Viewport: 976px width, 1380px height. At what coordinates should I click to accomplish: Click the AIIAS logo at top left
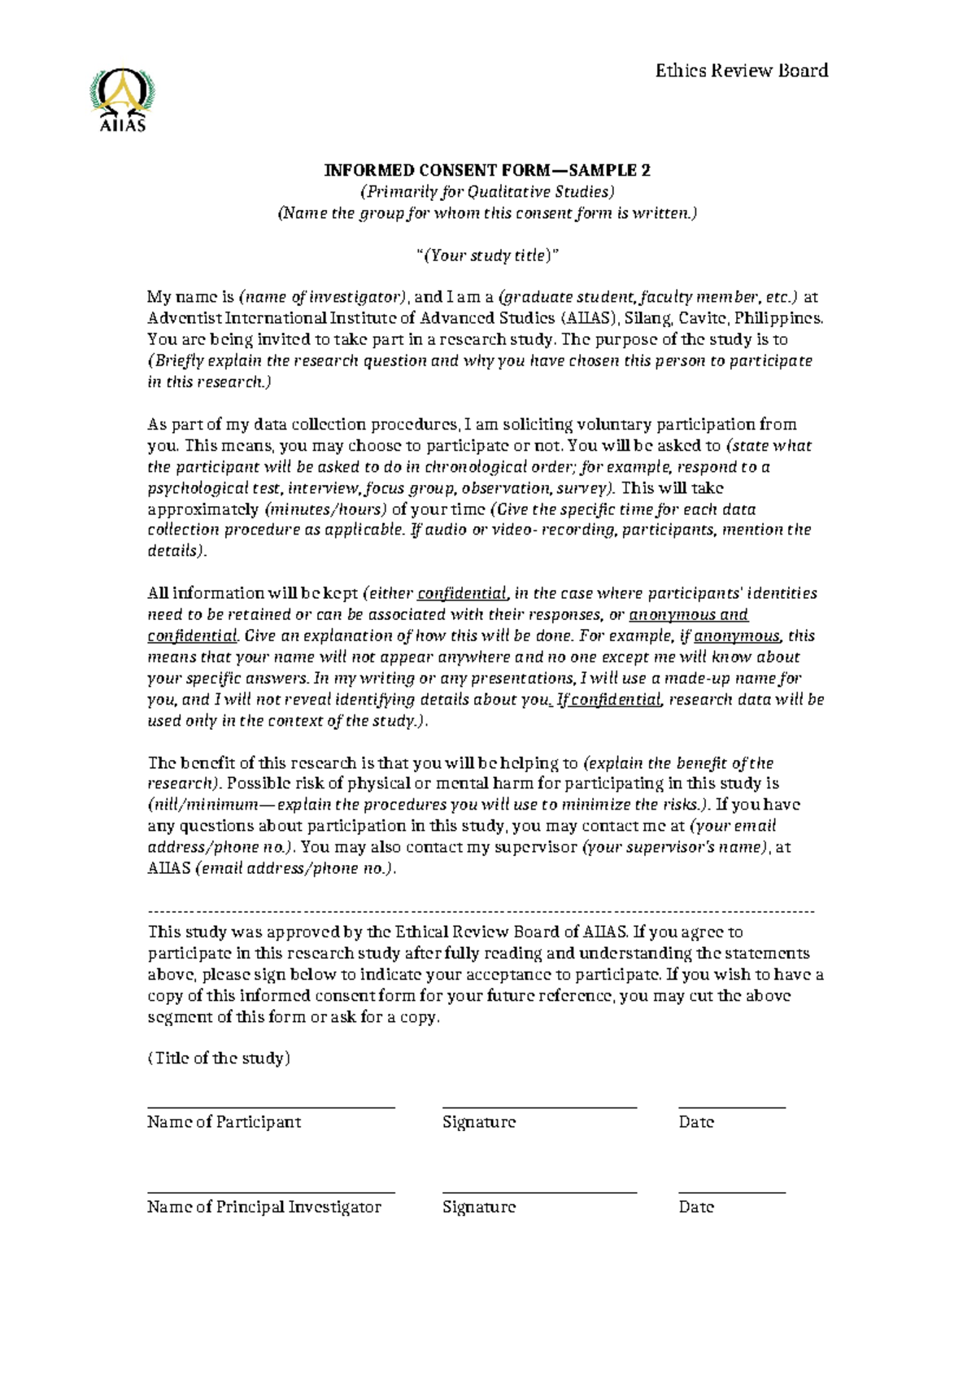click(x=122, y=100)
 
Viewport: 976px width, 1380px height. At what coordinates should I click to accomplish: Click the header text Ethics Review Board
click(x=741, y=71)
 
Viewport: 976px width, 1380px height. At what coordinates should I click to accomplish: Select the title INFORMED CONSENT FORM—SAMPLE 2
click(x=487, y=170)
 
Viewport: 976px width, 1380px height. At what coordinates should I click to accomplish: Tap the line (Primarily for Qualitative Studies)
click(x=487, y=191)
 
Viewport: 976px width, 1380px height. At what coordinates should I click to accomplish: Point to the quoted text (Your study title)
click(x=487, y=255)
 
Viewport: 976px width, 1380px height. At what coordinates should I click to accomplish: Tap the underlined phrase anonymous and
click(x=689, y=615)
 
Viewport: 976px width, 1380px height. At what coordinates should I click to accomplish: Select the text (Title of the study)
click(x=219, y=1059)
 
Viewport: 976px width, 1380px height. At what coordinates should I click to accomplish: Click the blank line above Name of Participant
click(x=271, y=1107)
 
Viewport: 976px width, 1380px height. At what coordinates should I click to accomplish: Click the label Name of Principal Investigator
click(x=264, y=1207)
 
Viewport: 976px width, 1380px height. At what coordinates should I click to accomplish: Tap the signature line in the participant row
click(x=539, y=1107)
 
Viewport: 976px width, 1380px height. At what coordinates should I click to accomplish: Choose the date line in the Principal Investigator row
click(x=732, y=1193)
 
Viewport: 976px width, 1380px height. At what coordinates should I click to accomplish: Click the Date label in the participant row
click(x=696, y=1123)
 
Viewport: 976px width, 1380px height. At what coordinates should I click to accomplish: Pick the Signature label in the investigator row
click(x=479, y=1207)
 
